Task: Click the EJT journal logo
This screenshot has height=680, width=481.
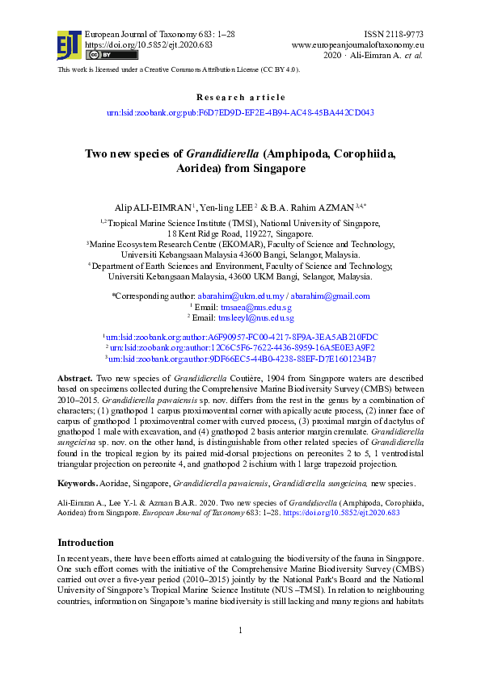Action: [69, 44]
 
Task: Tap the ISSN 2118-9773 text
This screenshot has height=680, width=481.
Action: [395, 35]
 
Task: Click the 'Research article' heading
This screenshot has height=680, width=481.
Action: [240, 97]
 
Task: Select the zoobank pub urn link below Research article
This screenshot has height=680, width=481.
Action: [240, 114]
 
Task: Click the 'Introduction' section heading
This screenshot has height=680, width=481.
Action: [86, 543]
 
